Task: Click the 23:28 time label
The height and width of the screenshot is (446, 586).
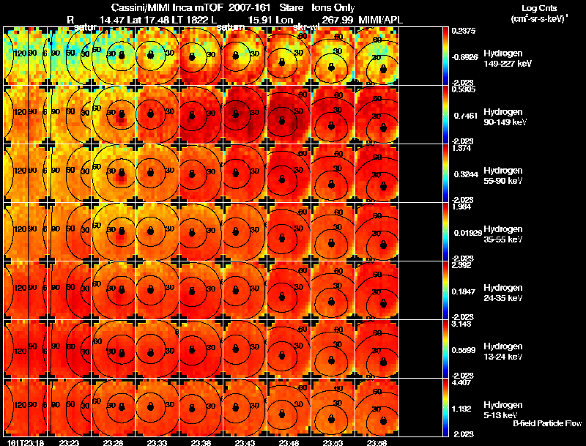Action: (113, 442)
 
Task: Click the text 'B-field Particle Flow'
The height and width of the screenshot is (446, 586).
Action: (546, 423)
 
